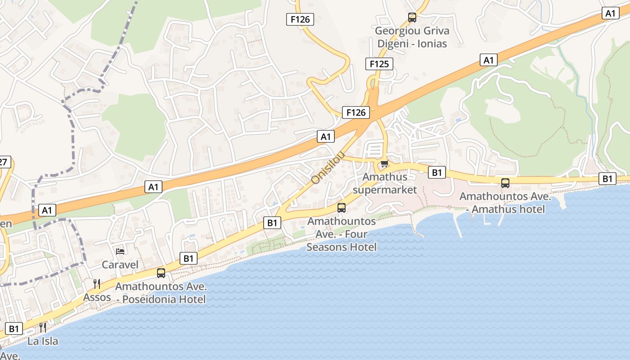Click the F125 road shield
pos(379,64)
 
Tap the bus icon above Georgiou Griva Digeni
pos(412,18)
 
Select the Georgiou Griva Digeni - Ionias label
pos(412,37)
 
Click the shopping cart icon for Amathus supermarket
pos(384,164)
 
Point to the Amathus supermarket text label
pos(385,183)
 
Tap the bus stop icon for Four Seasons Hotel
pos(342,208)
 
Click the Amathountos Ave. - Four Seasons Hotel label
pos(342,234)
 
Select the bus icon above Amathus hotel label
pos(505,183)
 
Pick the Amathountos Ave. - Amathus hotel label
pos(505,203)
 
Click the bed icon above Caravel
pos(120,251)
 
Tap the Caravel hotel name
pos(120,264)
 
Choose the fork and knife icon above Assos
pos(97,283)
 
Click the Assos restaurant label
pos(97,297)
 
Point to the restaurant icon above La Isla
pos(43,327)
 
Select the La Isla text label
pos(43,341)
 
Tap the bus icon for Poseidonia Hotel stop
pos(161,273)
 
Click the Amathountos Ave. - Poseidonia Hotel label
pos(161,293)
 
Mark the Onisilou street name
pos(328,167)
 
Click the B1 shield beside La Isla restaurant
pos(14,328)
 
